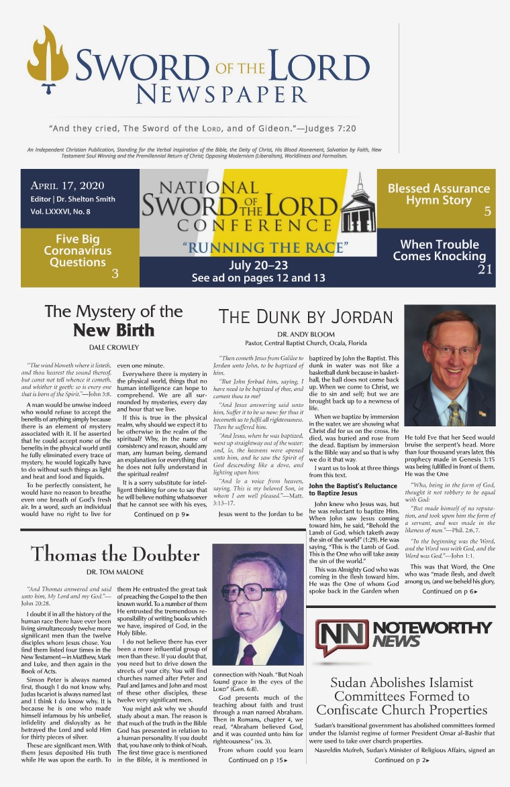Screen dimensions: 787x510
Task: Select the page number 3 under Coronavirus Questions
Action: click(115, 273)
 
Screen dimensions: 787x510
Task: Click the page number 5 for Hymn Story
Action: click(488, 213)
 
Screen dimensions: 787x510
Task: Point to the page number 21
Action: click(485, 270)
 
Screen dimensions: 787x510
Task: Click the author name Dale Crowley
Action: click(113, 347)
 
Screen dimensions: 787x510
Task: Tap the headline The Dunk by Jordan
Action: click(305, 317)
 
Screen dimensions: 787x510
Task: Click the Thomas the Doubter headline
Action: click(115, 554)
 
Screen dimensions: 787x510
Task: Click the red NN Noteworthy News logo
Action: click(342, 638)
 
